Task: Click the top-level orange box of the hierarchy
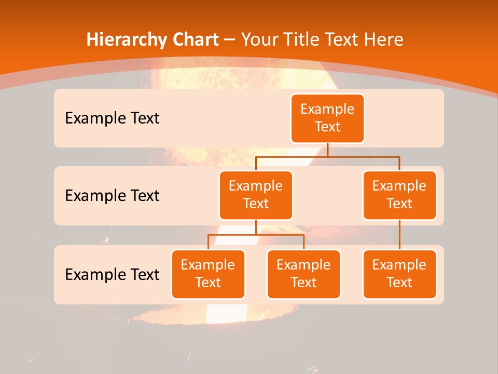pos(327,118)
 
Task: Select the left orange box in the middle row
pos(256,195)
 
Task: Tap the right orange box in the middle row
pos(399,195)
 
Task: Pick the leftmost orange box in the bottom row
pos(208,274)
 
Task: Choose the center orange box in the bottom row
pos(303,274)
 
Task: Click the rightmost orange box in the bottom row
pos(399,274)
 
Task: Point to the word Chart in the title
pos(192,39)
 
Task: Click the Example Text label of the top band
pos(112,118)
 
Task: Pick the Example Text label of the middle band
pos(112,196)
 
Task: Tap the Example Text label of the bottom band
pos(112,274)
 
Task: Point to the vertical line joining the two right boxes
pos(399,235)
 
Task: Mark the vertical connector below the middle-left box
pos(256,227)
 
